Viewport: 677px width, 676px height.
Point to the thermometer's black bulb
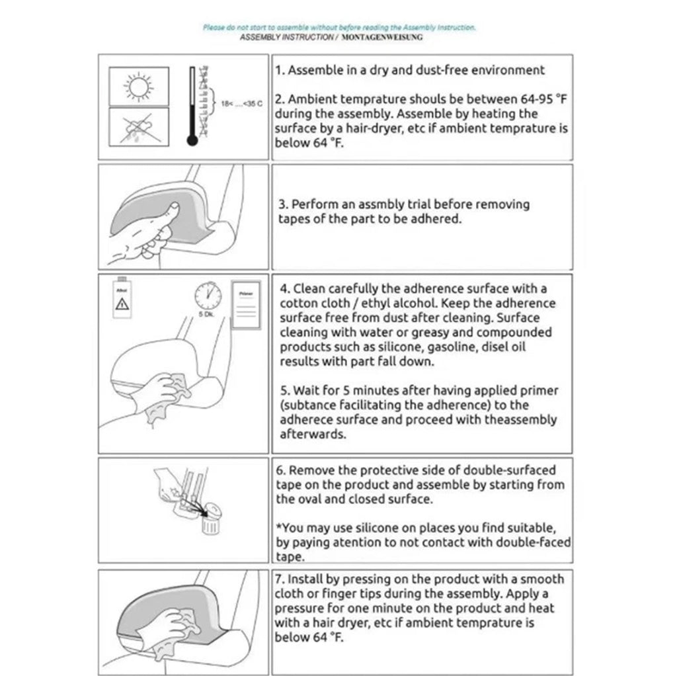[x=192, y=140]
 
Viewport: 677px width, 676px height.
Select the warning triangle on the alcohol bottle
[x=122, y=305]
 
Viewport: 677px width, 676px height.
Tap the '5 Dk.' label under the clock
[x=207, y=314]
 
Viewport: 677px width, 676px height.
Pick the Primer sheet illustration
[x=245, y=306]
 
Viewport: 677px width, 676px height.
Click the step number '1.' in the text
[x=280, y=70]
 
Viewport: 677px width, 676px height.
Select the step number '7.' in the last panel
[x=280, y=579]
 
